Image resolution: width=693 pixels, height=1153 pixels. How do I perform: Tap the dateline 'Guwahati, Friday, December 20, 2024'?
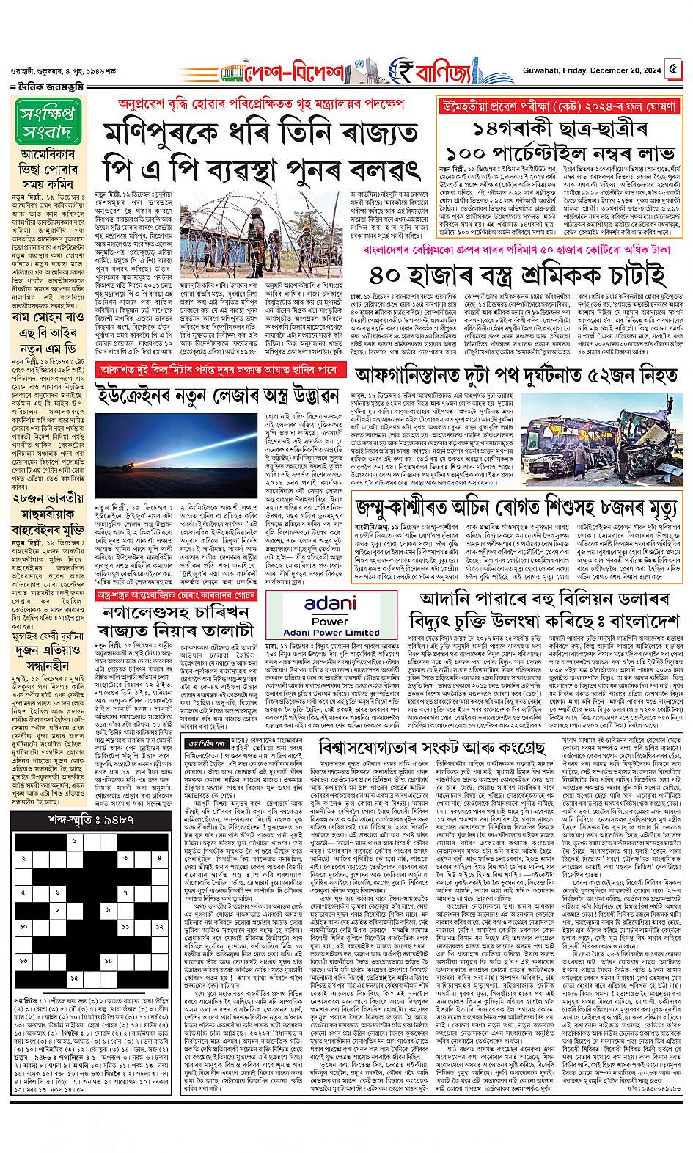pos(601,71)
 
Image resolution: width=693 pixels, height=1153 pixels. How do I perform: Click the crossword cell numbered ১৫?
pos(74,978)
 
